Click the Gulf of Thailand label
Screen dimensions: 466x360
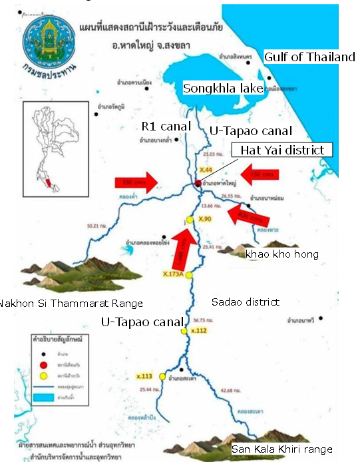tap(309, 57)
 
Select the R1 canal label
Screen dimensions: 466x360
tap(166, 126)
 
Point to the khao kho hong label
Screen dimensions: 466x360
tap(282, 254)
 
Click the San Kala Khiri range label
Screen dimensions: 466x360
tap(281, 449)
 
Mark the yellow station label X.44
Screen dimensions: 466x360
tap(205, 171)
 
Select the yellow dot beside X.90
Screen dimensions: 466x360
tap(189, 220)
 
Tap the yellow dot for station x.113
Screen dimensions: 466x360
tap(162, 377)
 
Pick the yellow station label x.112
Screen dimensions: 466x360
tap(199, 330)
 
